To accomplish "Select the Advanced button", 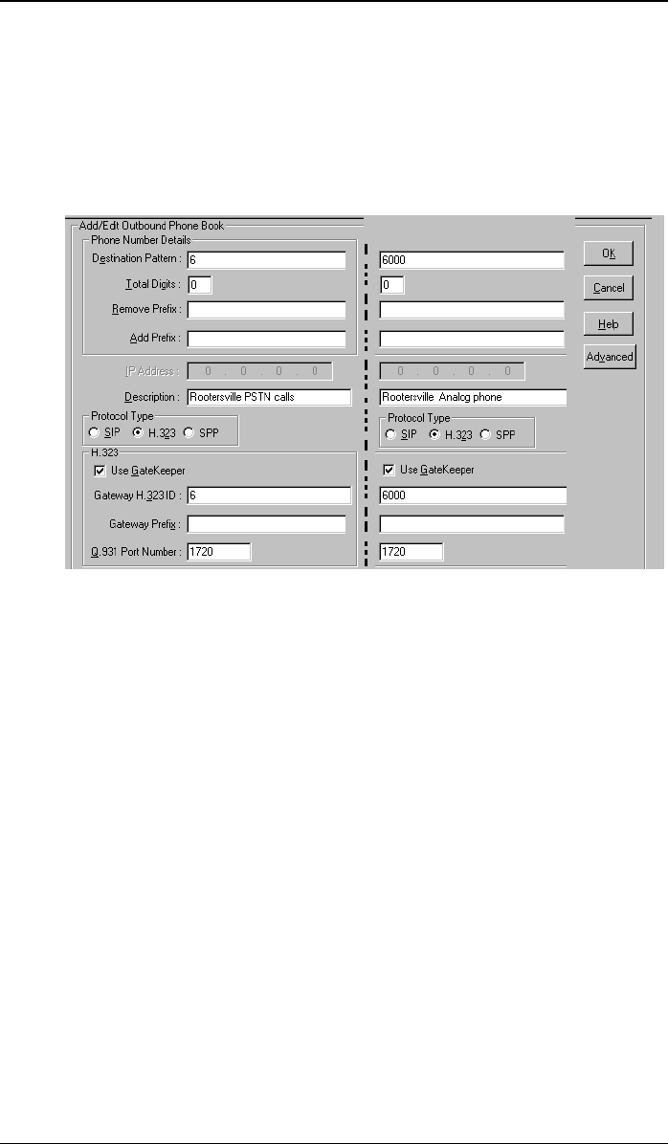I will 610,357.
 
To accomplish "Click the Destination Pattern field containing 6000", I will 472,260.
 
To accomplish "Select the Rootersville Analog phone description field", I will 473,397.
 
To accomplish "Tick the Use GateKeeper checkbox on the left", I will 100,470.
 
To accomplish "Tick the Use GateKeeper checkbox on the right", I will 390,470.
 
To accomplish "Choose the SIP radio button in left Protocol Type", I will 95,432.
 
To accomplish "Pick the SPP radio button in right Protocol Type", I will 485,435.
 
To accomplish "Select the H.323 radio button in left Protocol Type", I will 138,432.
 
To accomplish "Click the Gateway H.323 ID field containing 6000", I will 472,495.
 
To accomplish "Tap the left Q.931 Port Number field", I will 218,552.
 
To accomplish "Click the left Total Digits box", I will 199,285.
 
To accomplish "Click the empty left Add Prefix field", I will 265,339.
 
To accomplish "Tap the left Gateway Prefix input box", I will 265,524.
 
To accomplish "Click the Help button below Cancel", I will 609,323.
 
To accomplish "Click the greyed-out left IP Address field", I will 259,371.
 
